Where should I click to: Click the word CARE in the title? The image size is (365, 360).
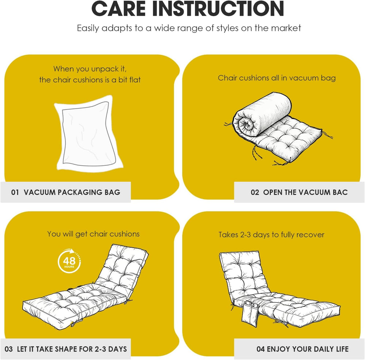[x=119, y=9]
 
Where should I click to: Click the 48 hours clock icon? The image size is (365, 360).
[x=69, y=261]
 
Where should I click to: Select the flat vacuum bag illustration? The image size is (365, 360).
[x=88, y=134]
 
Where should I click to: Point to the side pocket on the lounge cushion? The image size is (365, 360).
[x=250, y=313]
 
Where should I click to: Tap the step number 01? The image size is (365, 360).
[x=15, y=192]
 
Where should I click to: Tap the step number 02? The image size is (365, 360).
[x=255, y=192]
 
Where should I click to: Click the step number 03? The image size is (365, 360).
[x=9, y=349]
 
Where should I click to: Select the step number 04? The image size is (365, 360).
[x=261, y=349]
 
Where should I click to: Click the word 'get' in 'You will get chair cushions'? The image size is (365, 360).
[x=81, y=234]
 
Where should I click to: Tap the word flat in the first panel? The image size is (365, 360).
[x=135, y=80]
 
